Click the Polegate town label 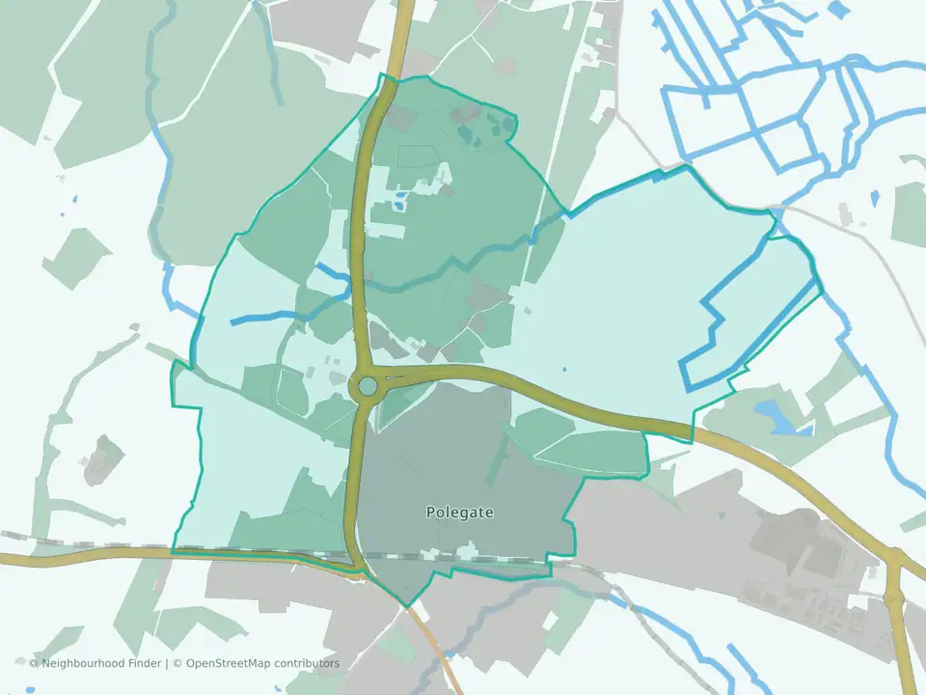(x=459, y=513)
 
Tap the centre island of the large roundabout (x=368, y=387)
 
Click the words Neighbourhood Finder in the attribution (x=100, y=663)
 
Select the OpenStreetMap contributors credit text (x=261, y=663)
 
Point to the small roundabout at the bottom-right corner (x=894, y=559)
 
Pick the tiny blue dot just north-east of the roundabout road (x=564, y=369)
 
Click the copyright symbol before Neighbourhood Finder (x=34, y=663)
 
